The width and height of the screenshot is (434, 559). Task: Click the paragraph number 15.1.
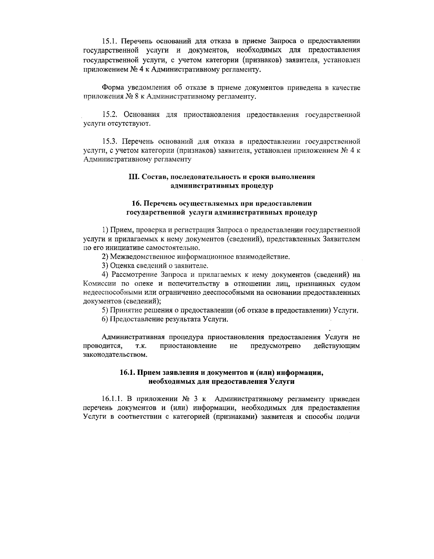[109, 41]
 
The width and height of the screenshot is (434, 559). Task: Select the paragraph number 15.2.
[109, 115]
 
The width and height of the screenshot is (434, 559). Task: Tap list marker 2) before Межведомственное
[105, 257]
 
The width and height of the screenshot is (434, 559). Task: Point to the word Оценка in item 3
[121, 266]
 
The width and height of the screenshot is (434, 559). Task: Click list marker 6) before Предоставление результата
[105, 319]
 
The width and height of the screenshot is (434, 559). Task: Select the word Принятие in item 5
[124, 310]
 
